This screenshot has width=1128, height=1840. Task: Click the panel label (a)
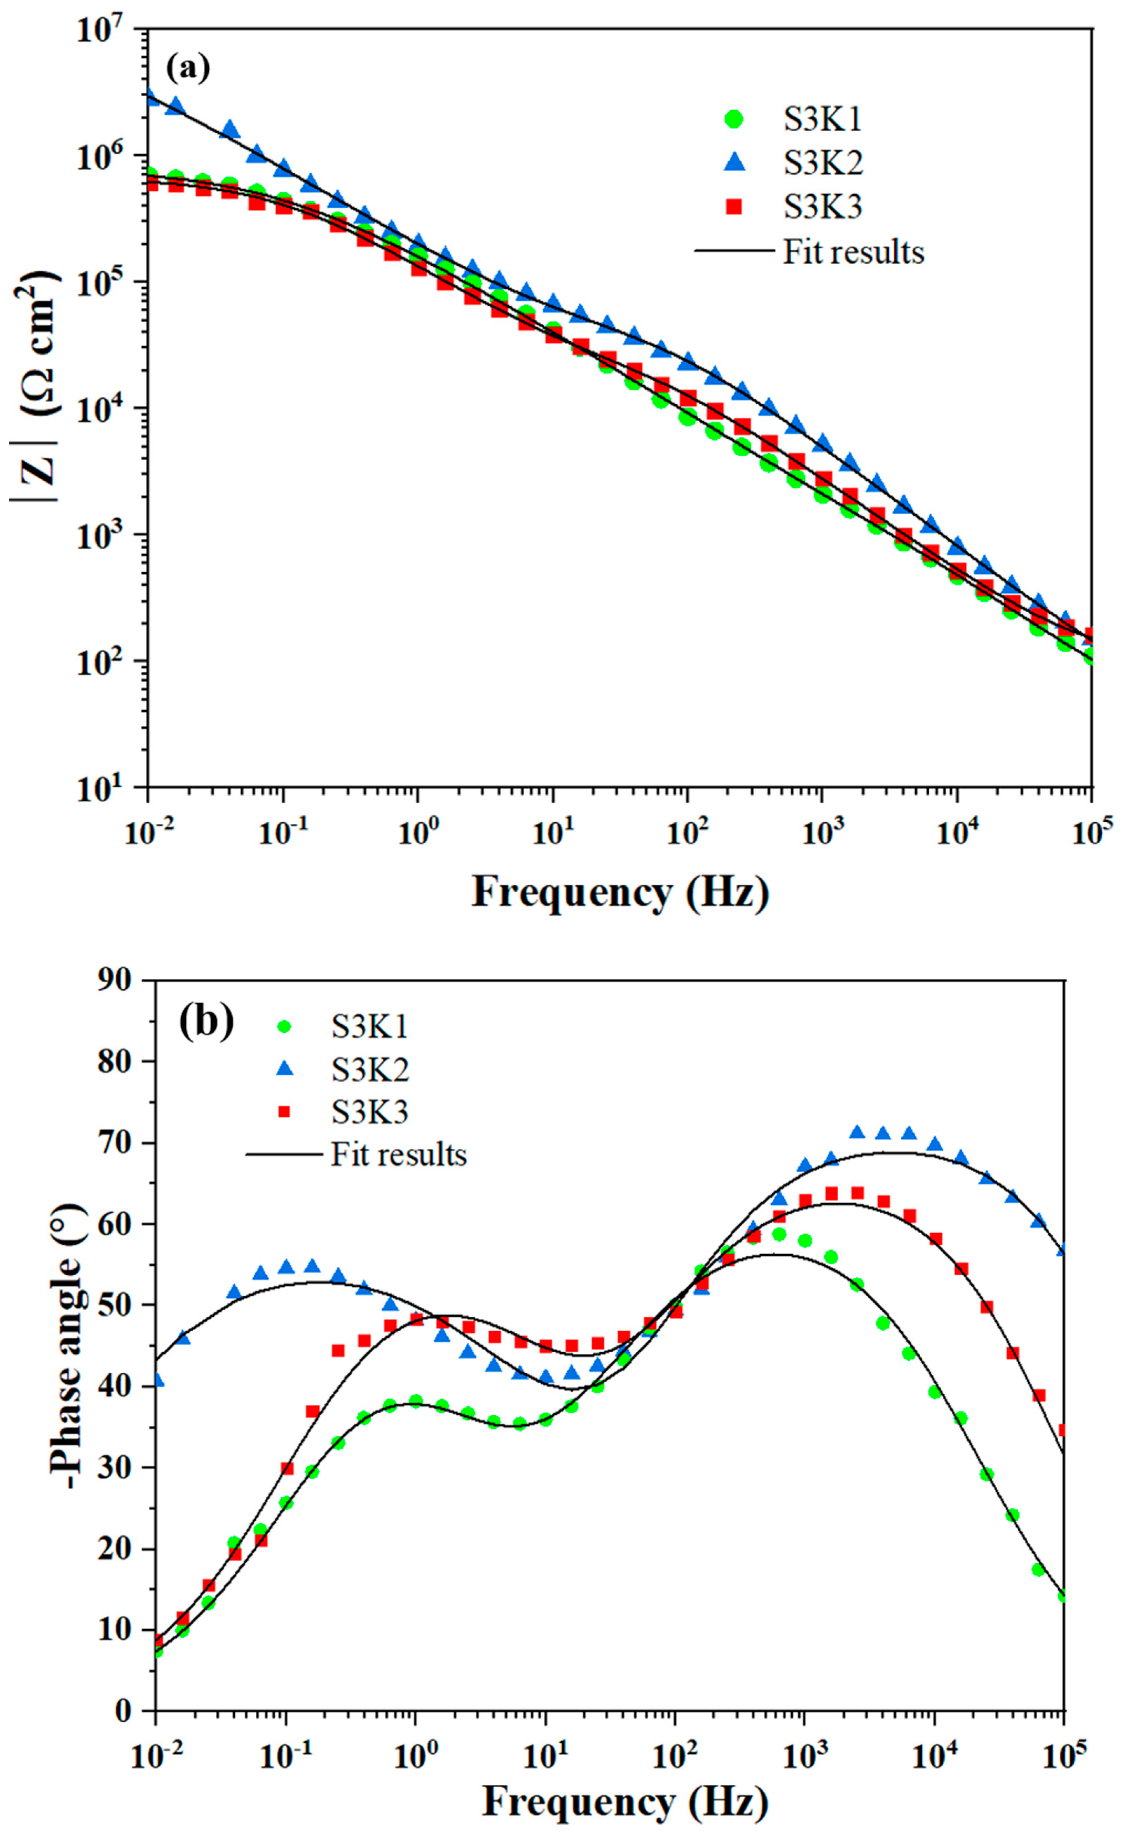click(x=187, y=69)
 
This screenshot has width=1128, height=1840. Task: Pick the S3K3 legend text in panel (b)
click(x=370, y=1113)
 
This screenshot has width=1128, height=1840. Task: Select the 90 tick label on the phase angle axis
click(x=116, y=981)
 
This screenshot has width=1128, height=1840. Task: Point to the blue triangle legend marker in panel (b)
click(x=284, y=1070)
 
